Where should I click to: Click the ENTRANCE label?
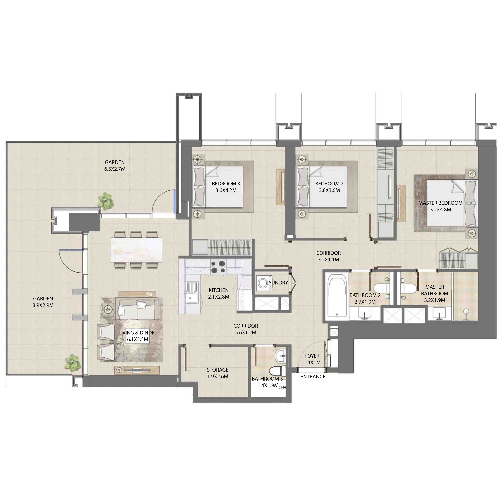point(313,377)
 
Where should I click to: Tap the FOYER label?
point(312,356)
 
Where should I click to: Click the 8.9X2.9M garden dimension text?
point(43,305)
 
